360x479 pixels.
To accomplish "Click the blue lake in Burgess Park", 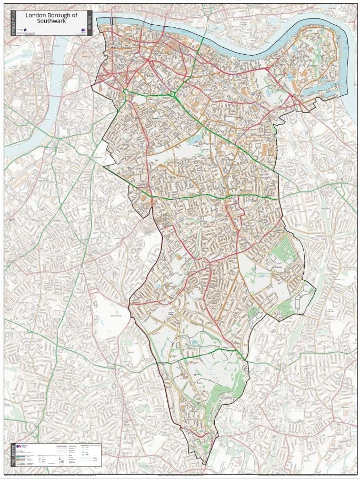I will (x=197, y=140).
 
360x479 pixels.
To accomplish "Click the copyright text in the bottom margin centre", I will (x=179, y=476).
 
